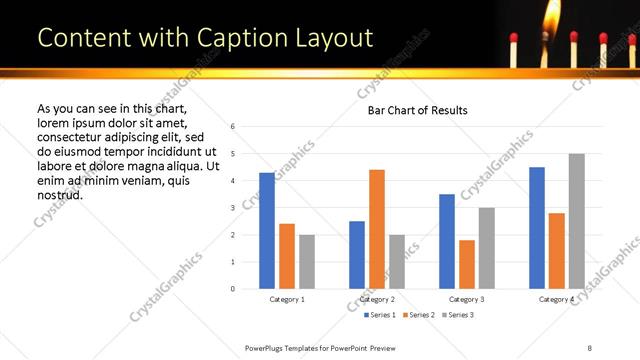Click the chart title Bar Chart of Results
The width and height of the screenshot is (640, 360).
click(x=417, y=110)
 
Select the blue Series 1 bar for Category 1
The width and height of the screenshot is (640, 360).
click(x=267, y=231)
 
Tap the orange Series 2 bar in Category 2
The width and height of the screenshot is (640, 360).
click(x=377, y=229)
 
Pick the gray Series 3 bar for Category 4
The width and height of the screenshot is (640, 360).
click(x=576, y=221)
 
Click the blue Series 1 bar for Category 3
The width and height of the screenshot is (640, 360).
click(x=447, y=241)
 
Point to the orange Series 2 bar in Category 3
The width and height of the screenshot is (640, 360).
click(x=467, y=264)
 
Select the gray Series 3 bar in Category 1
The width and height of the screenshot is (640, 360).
click(x=307, y=262)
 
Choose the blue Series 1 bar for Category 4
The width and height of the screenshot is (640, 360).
click(x=537, y=228)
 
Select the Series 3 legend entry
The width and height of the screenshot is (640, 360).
click(x=456, y=315)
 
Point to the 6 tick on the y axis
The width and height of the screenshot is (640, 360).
click(x=232, y=127)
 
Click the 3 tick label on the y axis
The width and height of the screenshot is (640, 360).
click(x=232, y=208)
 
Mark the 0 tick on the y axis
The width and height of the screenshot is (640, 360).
click(x=232, y=289)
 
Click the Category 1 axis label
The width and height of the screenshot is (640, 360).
click(x=287, y=299)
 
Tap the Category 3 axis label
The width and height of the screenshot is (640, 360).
click(x=467, y=299)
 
